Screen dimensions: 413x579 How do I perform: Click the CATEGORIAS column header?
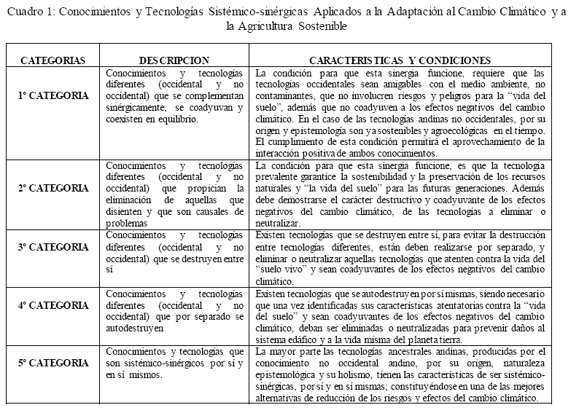click(x=53, y=60)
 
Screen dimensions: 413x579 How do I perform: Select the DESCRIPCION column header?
click(x=175, y=60)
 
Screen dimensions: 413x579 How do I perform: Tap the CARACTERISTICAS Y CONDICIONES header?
click(x=400, y=60)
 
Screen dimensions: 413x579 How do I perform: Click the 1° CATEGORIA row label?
click(x=53, y=95)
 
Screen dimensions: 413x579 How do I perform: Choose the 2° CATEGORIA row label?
click(x=53, y=188)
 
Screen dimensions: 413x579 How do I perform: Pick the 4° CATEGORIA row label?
click(x=53, y=305)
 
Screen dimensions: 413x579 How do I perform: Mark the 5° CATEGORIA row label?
click(x=53, y=363)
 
